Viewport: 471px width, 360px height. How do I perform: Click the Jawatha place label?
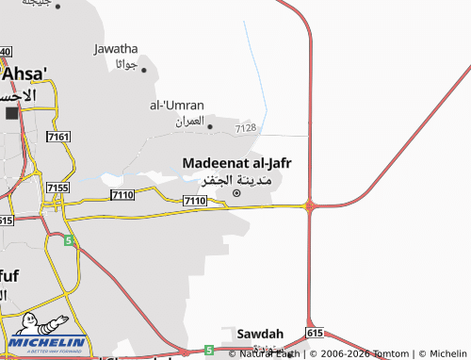116,49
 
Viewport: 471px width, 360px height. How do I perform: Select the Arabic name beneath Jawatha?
126,64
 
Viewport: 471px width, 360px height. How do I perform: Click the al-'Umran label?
176,106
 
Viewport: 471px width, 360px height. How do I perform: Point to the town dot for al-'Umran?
209,125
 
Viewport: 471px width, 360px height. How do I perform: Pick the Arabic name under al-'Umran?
189,122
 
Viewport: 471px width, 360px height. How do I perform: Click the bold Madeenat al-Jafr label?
236,163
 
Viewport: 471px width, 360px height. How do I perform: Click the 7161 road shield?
57,138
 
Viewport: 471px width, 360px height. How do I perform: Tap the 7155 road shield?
57,188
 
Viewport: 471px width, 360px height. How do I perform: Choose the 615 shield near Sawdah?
315,334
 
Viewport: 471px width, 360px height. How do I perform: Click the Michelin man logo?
28,325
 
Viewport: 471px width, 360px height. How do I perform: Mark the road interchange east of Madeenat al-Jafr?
309,205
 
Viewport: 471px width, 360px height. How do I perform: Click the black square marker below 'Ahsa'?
11,113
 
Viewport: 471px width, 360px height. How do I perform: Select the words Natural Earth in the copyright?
269,353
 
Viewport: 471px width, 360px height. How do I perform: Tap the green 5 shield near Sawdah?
209,350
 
